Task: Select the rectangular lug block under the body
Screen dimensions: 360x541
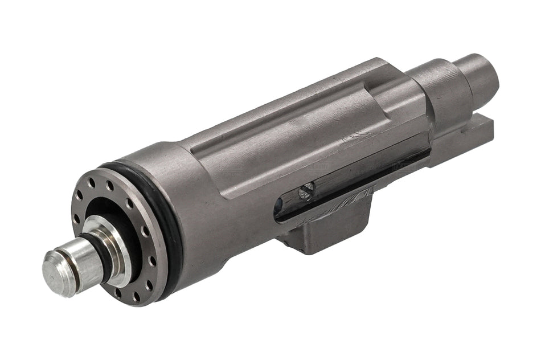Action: point(330,231)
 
